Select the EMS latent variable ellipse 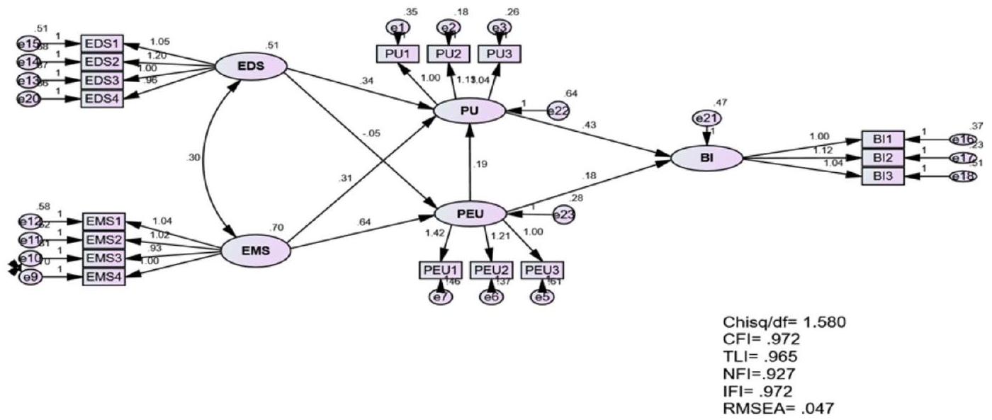coord(256,249)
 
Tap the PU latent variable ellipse coord(468,110)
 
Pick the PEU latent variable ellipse coord(470,212)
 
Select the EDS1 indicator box coord(102,43)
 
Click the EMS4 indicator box coord(103,276)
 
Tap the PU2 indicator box coord(449,53)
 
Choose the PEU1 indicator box coord(440,271)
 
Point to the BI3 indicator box coord(883,176)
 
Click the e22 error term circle coord(558,110)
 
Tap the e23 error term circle coord(563,215)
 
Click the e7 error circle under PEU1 coord(439,297)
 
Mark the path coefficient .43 coord(589,126)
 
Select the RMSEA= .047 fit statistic coord(778,408)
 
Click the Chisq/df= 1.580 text coord(783,323)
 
